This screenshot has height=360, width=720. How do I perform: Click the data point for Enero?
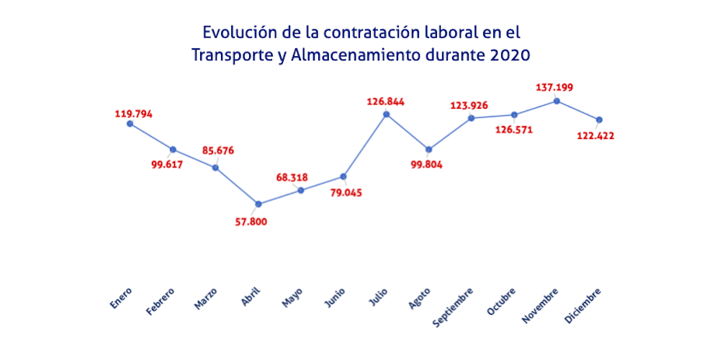(x=130, y=123)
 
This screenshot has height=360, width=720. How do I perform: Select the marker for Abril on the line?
(x=258, y=204)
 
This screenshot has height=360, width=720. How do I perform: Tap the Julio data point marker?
(x=387, y=114)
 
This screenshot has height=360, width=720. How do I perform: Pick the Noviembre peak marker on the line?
(x=557, y=101)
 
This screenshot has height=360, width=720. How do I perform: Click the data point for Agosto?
(x=429, y=150)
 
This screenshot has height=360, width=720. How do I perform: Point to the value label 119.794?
(x=134, y=114)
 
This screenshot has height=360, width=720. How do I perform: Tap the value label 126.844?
(x=386, y=102)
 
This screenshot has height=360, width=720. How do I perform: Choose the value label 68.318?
(x=296, y=177)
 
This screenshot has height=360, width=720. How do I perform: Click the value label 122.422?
(x=596, y=135)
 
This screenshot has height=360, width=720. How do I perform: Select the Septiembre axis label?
(x=454, y=307)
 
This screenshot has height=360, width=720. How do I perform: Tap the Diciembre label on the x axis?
(x=583, y=305)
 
